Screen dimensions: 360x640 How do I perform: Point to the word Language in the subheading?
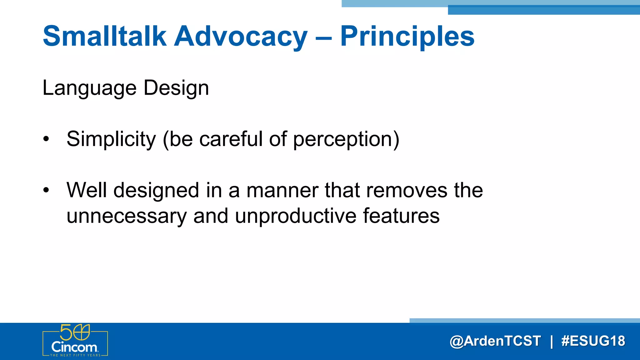(89, 88)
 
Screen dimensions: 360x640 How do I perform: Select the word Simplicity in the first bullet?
(111, 139)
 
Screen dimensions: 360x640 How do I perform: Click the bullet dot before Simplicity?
(46, 140)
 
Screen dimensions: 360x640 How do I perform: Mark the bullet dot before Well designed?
(46, 190)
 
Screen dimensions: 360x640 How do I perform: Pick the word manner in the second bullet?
(282, 190)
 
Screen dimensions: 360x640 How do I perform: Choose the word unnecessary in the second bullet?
(127, 216)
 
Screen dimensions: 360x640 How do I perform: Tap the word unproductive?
(295, 216)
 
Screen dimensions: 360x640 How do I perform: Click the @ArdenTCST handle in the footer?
(495, 341)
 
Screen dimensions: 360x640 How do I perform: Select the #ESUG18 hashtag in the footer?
(593, 341)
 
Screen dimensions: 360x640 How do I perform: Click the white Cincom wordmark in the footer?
(74, 347)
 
